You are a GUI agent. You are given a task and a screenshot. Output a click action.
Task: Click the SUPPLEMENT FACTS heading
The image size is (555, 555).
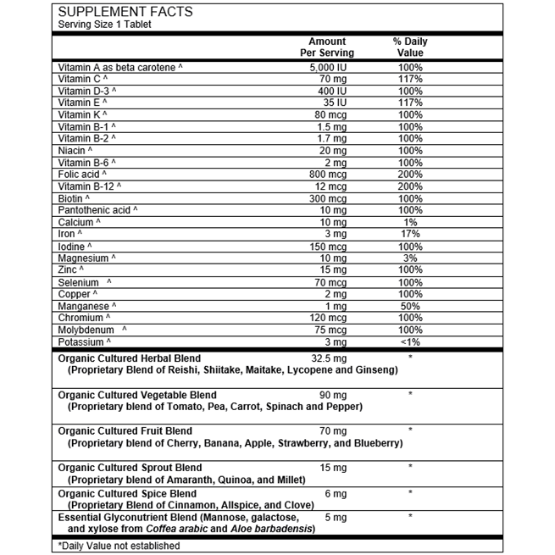click(x=125, y=12)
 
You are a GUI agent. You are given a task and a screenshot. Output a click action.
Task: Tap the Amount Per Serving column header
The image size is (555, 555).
click(x=327, y=47)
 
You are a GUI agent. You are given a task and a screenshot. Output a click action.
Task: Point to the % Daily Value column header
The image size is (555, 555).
click(x=410, y=47)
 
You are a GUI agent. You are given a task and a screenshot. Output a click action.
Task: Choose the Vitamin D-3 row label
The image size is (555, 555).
click(x=87, y=91)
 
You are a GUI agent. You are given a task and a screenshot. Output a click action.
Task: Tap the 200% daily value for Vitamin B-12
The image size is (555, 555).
click(x=410, y=186)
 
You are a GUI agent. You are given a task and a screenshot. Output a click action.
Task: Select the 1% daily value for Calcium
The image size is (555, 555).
click(x=410, y=221)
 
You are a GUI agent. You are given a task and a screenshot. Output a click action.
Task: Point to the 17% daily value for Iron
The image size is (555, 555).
click(x=410, y=233)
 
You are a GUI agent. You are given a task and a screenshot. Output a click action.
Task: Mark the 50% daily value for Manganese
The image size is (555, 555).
click(x=410, y=305)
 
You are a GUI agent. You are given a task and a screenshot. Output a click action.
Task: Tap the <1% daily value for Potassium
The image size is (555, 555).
click(x=410, y=341)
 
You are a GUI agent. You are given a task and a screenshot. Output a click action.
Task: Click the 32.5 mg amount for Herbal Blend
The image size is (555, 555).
click(x=327, y=358)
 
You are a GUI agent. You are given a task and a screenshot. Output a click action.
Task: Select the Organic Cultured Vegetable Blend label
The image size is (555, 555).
click(x=136, y=395)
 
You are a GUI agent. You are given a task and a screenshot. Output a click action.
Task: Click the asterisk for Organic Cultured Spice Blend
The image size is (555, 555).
click(x=410, y=493)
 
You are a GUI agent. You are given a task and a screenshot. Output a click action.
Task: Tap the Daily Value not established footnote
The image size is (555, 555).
click(x=119, y=545)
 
